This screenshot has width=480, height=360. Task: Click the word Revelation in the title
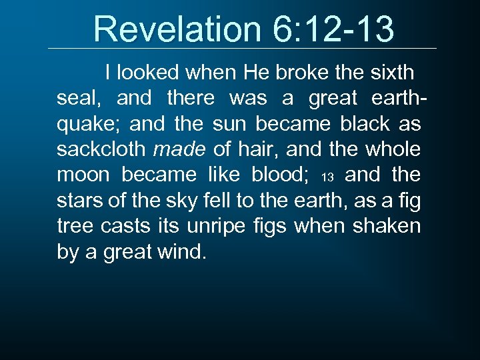pos(178,29)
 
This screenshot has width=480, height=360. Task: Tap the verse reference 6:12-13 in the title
pos(333,29)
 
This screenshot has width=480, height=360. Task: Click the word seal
pos(77,98)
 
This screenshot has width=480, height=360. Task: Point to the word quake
pos(89,124)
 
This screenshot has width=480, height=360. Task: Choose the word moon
pos(83,175)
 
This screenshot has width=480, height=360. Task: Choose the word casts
pos(125,227)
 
